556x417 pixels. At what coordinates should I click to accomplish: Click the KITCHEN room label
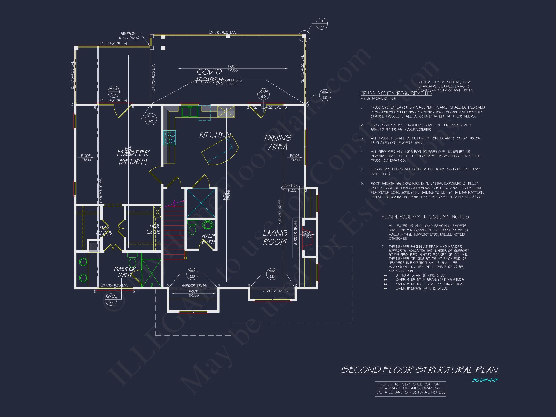click(215, 135)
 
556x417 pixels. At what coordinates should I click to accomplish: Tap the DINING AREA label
click(278, 142)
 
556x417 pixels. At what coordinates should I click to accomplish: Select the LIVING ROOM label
click(275, 237)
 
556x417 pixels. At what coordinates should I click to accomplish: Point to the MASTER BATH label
click(125, 272)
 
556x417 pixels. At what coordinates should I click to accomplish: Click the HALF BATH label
click(208, 239)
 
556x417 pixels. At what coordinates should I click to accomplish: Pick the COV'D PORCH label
click(209, 76)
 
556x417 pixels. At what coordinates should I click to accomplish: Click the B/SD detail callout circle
click(321, 24)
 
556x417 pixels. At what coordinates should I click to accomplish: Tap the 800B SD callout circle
click(114, 91)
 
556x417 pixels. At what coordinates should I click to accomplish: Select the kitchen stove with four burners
click(169, 138)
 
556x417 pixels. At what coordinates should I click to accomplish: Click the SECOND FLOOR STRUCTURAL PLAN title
click(419, 370)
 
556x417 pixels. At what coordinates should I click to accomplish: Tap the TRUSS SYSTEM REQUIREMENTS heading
click(396, 93)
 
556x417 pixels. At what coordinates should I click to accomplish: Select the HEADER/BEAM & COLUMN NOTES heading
click(425, 216)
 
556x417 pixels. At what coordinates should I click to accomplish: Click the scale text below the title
click(485, 380)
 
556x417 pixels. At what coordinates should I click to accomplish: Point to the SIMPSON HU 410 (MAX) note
click(128, 36)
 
